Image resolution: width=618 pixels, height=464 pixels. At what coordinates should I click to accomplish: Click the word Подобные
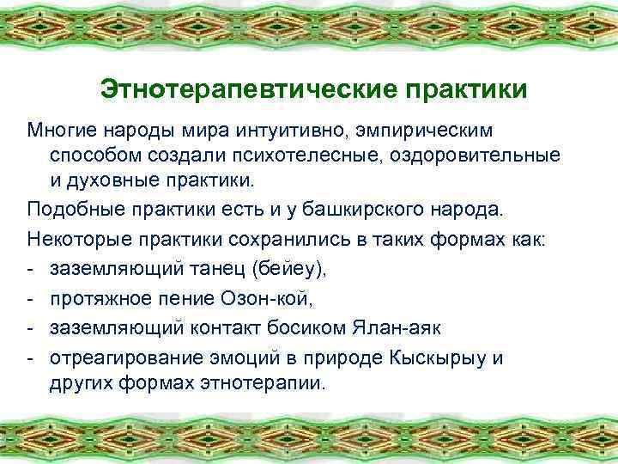pos(70,211)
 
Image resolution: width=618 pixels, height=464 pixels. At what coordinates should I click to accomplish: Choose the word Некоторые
pos(74,237)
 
